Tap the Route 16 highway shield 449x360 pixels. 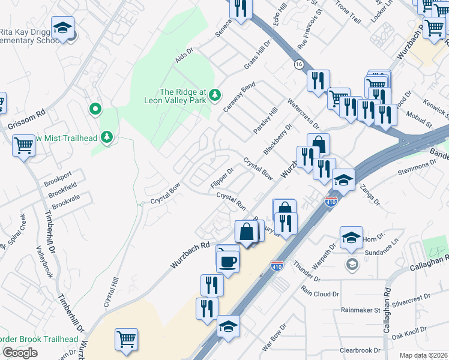tap(298, 64)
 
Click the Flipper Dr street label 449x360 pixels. tap(222, 178)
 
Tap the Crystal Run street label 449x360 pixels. tap(232, 200)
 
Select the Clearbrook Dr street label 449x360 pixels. tap(360, 350)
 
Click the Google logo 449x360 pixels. tap(20, 353)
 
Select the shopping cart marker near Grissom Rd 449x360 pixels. tap(24, 145)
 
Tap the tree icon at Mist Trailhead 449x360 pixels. tap(107, 137)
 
